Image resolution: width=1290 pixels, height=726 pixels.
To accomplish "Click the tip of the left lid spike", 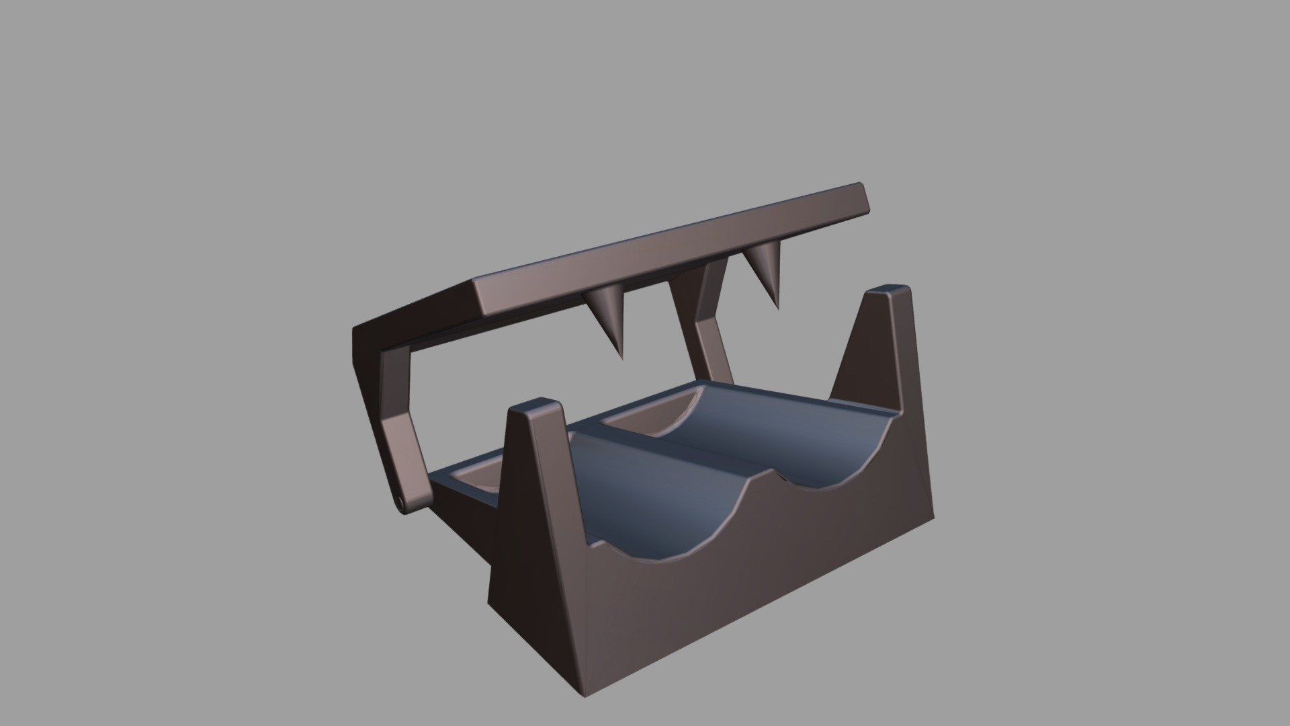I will point(619,356).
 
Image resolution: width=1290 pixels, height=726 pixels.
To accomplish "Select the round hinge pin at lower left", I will point(400,503).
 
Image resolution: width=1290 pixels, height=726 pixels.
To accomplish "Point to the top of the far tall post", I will point(888,293).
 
